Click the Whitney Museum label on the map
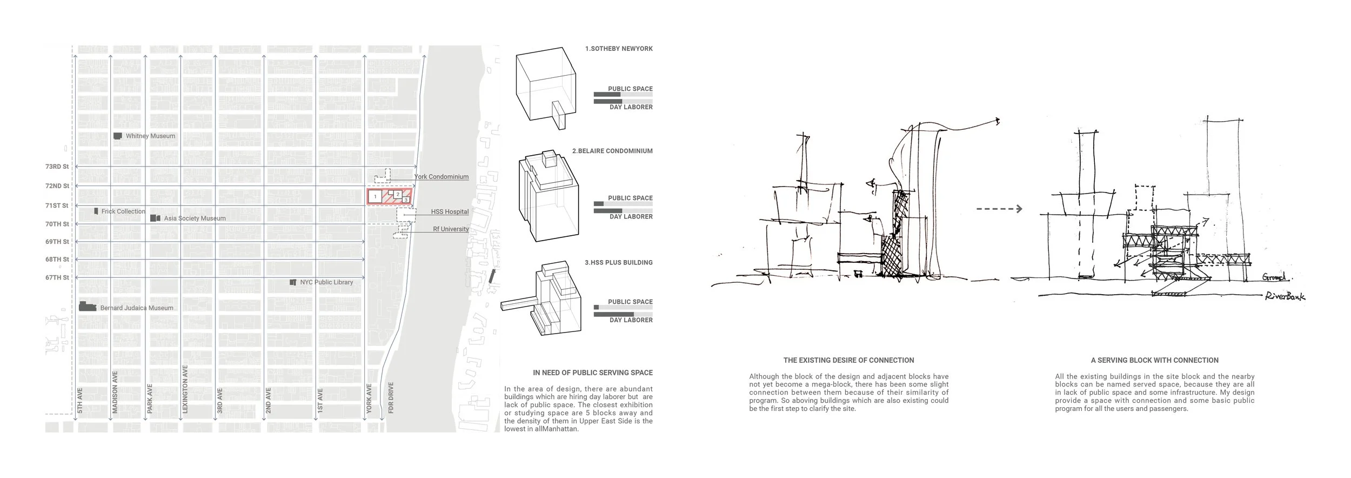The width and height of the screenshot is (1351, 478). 150,136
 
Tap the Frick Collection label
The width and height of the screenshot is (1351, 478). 123,211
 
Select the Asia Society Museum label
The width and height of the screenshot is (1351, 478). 195,218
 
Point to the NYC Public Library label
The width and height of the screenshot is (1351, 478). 326,282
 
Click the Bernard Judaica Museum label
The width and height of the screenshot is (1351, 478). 137,308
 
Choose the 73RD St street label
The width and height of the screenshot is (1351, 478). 57,167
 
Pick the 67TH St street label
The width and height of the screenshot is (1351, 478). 57,278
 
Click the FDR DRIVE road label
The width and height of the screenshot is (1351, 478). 391,398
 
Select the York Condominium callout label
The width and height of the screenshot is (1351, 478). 441,177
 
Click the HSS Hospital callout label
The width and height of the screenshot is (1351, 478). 450,212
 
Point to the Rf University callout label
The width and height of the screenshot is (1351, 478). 451,229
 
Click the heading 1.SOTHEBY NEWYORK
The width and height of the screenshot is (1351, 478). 619,49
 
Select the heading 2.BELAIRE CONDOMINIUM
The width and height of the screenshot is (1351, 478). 612,151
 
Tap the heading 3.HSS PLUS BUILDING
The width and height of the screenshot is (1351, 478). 618,263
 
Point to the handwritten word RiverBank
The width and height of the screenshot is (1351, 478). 1284,296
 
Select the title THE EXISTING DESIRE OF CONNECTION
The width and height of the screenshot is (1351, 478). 848,360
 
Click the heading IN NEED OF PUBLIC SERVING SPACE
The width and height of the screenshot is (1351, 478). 592,373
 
